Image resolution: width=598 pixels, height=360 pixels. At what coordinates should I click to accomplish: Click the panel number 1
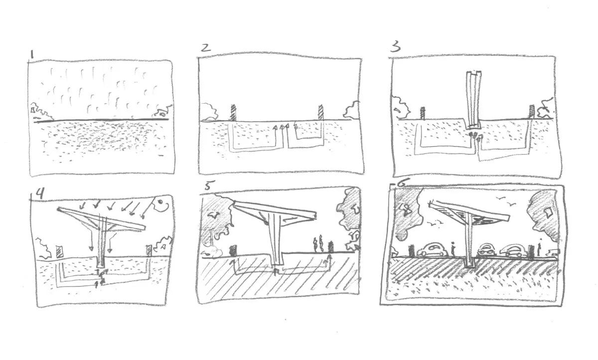[x=32, y=54]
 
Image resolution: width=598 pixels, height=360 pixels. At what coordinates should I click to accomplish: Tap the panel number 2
[x=206, y=47]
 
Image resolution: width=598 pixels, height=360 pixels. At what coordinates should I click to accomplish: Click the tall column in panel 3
[x=473, y=100]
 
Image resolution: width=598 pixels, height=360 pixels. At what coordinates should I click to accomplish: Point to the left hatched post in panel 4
[x=60, y=252]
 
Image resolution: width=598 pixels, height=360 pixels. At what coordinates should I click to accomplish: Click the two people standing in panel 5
[x=318, y=243]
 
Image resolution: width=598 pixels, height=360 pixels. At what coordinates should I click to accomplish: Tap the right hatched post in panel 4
[x=149, y=250]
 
